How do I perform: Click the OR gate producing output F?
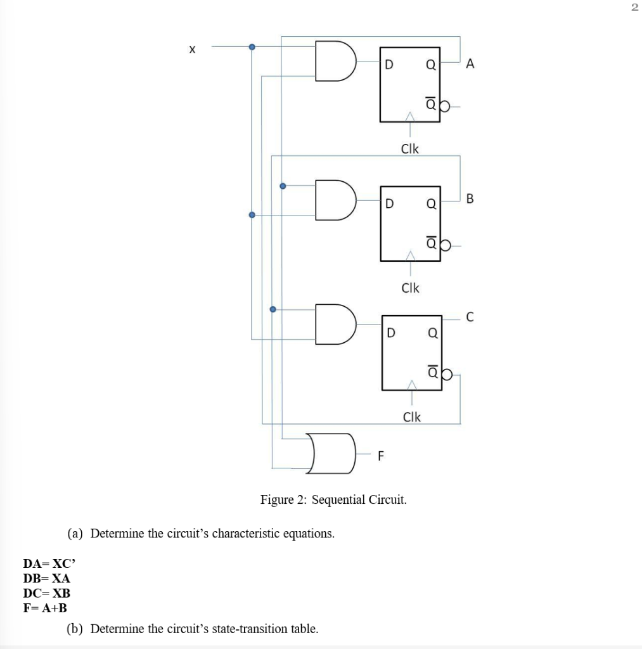coord(330,453)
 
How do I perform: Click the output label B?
coord(469,200)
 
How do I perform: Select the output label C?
coord(469,318)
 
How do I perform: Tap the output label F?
coord(381,455)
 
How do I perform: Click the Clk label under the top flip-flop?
coord(410,149)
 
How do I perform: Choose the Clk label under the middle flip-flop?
coord(410,288)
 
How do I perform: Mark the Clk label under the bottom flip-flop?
coord(411,416)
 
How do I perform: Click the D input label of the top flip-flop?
coord(389,65)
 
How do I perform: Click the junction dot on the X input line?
coord(252,47)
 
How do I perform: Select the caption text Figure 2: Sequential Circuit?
coord(333,500)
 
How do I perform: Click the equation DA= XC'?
coord(49,563)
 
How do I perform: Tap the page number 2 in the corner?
coord(634,8)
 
